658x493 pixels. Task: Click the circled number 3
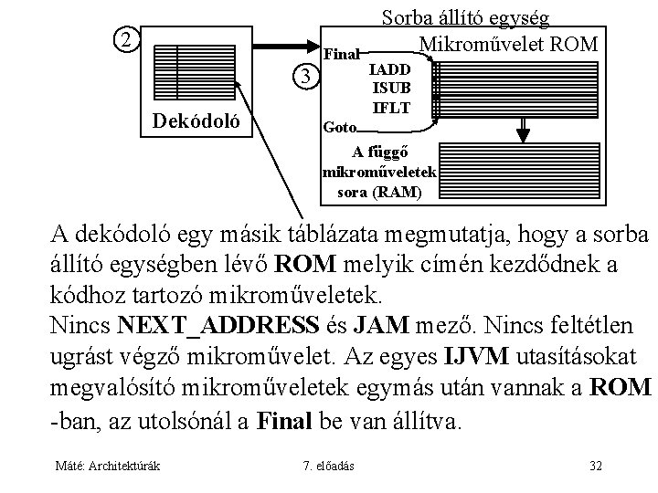(x=308, y=76)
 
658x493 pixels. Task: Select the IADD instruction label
(x=390, y=69)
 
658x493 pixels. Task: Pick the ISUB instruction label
(x=390, y=88)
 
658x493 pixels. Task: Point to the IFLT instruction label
(x=390, y=106)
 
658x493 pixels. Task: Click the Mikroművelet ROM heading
(x=507, y=44)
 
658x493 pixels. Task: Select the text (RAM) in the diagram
(x=404, y=193)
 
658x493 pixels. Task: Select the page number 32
(x=596, y=467)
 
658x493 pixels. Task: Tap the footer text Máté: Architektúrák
(x=106, y=467)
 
